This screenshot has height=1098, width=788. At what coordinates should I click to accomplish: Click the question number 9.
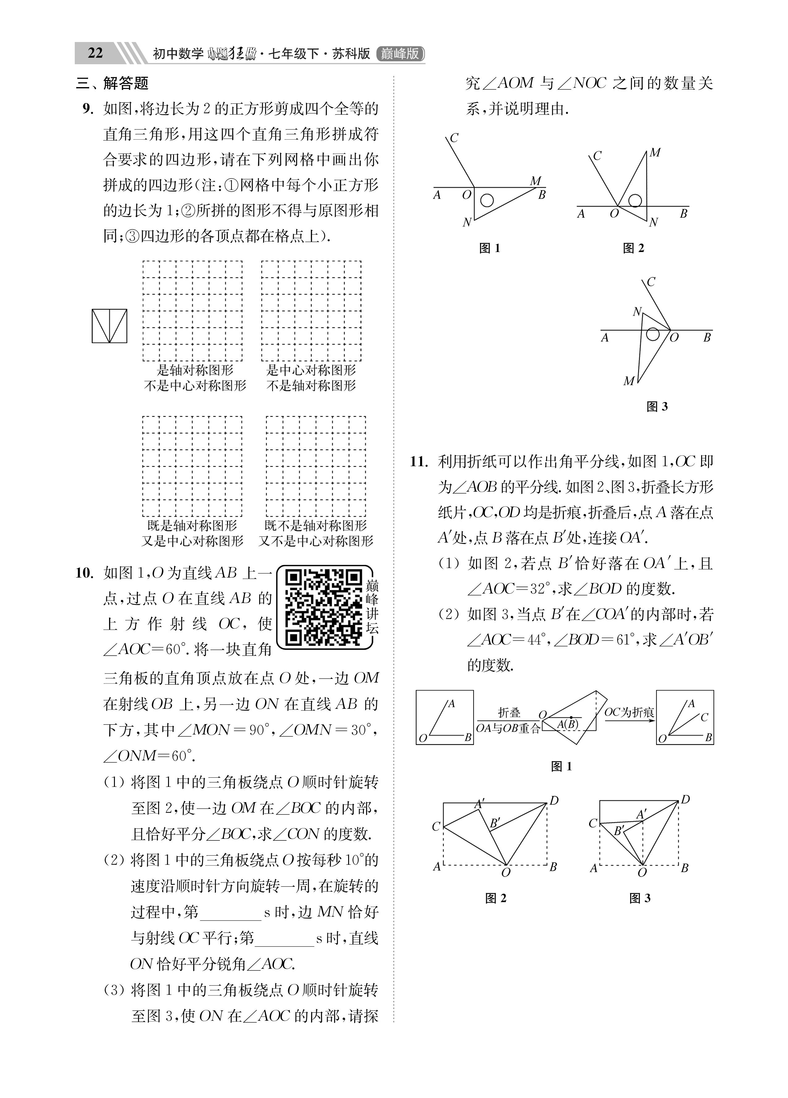(88, 109)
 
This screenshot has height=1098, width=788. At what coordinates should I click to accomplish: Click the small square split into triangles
(109, 326)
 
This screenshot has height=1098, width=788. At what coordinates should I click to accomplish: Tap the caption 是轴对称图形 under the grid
(195, 370)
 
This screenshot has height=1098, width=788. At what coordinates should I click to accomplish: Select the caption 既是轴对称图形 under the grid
(192, 526)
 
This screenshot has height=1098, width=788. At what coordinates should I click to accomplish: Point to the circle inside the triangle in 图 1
(487, 200)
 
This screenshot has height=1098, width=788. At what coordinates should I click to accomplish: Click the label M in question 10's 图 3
(628, 381)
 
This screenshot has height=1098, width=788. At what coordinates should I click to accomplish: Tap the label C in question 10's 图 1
(454, 138)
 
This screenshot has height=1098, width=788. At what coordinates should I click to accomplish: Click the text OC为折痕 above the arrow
(629, 712)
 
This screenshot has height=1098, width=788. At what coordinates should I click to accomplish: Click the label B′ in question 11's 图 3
(618, 831)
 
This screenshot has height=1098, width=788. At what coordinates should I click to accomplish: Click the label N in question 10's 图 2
(653, 222)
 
